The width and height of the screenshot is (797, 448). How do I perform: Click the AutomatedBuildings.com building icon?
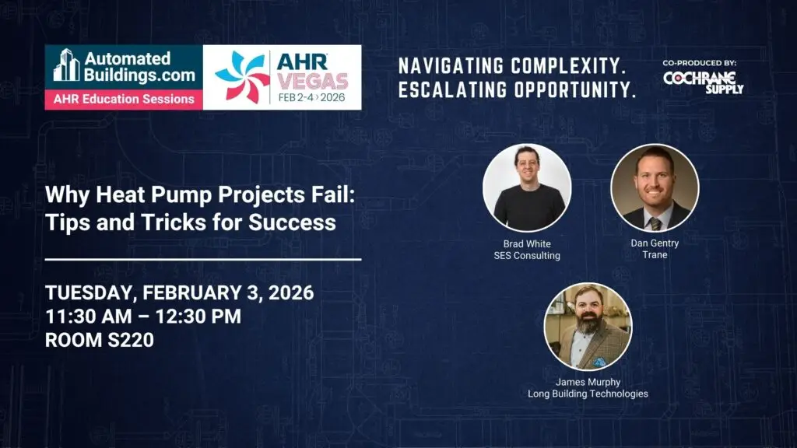coord(67,65)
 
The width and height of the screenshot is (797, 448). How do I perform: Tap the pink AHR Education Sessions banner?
coord(124,99)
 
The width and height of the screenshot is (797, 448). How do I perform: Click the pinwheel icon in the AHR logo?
coord(242,76)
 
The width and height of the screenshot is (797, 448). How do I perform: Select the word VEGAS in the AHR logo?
coord(313,81)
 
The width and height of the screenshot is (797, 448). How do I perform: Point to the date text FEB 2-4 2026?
coord(311,97)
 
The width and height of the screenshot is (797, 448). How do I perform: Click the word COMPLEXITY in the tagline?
coord(567,65)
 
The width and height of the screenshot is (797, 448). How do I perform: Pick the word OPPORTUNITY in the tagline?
coord(575,90)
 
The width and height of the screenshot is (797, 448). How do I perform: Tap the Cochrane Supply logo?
coord(703,82)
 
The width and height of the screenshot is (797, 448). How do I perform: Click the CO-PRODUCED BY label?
coord(700,63)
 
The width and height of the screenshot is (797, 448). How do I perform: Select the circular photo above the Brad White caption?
coord(527,188)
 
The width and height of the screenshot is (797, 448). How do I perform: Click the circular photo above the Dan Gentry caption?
coord(655,188)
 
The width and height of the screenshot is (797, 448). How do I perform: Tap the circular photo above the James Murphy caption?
coord(588,327)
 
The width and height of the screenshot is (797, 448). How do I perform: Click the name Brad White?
coord(527,243)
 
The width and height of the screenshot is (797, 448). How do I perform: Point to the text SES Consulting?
coord(527,255)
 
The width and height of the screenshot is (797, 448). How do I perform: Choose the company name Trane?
coord(655,255)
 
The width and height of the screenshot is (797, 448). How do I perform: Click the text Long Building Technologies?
coord(588,394)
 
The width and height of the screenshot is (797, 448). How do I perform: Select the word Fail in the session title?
coord(337,194)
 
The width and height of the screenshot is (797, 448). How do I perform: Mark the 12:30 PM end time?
coord(198,317)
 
